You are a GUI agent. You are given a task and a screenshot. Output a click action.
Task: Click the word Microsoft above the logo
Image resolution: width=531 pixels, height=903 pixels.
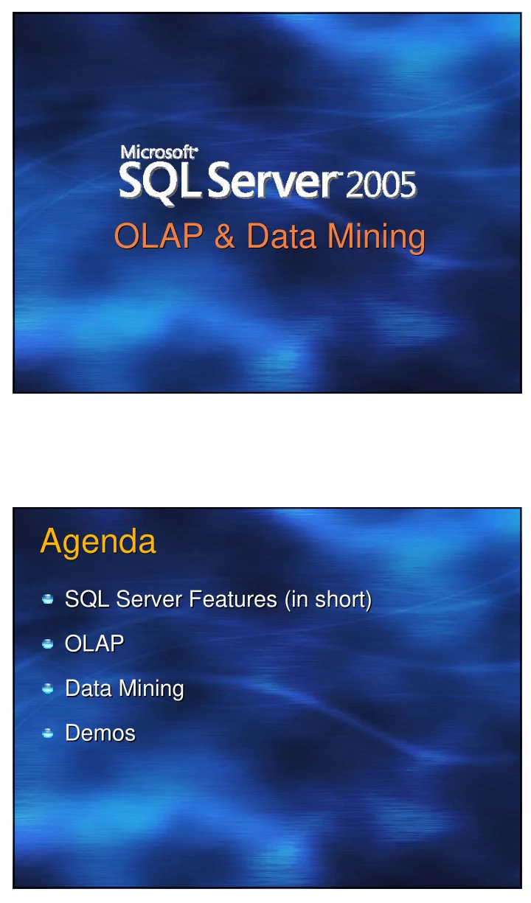(x=158, y=153)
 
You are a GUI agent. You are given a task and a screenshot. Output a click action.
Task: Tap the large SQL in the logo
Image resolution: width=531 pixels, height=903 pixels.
(x=159, y=182)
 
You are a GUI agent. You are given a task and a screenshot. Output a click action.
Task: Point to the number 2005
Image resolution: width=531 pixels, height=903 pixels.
(x=381, y=184)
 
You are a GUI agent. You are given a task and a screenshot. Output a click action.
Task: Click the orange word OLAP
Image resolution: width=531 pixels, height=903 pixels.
(x=159, y=236)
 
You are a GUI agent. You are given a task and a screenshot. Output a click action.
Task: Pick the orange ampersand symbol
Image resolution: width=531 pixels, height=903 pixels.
(x=225, y=236)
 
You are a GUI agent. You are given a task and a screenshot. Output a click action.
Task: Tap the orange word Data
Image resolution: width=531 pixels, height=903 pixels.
(x=281, y=236)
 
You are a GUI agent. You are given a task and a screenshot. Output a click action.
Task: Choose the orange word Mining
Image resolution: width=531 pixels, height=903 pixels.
(x=376, y=238)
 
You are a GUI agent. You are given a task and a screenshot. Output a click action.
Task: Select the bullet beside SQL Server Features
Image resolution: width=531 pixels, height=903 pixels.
(x=48, y=599)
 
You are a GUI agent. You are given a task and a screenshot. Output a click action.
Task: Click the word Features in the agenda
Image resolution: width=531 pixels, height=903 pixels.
(x=233, y=599)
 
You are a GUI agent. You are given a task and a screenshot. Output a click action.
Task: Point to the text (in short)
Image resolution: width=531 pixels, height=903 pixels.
(x=328, y=600)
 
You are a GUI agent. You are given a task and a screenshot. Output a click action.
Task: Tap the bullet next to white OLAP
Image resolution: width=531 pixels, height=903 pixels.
(x=48, y=644)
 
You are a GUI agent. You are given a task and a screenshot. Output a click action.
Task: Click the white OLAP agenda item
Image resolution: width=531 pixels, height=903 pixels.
(x=94, y=644)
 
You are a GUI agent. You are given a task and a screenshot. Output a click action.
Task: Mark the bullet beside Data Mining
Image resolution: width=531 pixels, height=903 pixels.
(x=48, y=688)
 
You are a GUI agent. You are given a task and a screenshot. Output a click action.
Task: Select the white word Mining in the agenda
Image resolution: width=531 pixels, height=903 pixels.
(x=152, y=689)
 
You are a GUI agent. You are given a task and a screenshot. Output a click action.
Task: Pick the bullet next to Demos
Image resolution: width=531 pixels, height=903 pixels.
(x=48, y=733)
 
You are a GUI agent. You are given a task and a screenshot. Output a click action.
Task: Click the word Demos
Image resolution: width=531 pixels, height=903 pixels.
(x=100, y=733)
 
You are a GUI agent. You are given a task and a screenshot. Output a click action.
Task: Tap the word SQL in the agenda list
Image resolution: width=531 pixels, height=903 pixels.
(x=87, y=599)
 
